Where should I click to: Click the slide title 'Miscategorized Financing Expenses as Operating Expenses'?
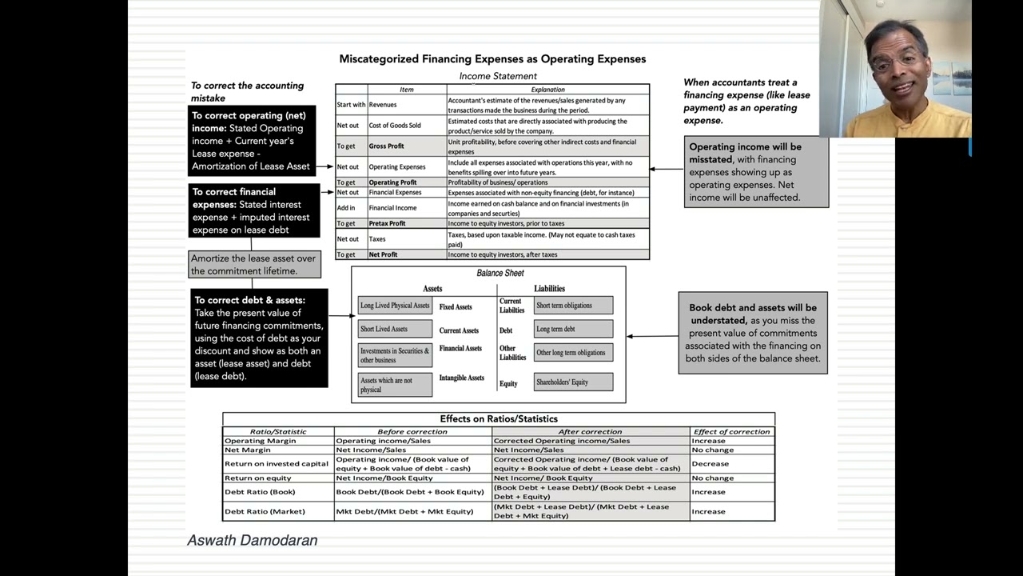click(x=492, y=59)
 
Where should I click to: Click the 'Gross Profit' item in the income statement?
click(x=386, y=146)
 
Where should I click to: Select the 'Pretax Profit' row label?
click(x=387, y=224)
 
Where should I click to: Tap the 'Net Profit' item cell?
click(x=383, y=254)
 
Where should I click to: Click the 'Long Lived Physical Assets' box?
click(x=395, y=306)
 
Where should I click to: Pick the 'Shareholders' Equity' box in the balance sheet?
click(x=573, y=382)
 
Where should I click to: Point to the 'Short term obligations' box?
click(x=573, y=306)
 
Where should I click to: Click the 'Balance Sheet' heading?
click(x=500, y=274)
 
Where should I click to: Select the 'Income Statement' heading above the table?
click(x=498, y=76)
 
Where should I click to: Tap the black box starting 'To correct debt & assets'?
click(x=259, y=338)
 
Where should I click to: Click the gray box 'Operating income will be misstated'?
click(x=756, y=172)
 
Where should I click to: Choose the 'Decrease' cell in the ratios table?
click(x=711, y=464)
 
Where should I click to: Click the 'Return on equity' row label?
click(x=258, y=478)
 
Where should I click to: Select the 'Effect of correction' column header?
click(x=731, y=432)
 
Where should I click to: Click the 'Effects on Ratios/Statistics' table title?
click(x=499, y=419)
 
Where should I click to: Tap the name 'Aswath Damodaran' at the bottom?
click(x=253, y=541)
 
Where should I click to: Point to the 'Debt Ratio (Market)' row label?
click(x=265, y=511)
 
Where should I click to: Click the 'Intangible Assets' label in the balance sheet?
click(x=461, y=378)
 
